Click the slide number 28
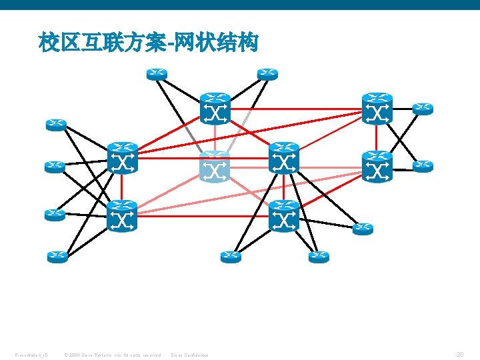point(460,354)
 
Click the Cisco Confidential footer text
point(190,354)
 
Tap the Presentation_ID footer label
point(31,354)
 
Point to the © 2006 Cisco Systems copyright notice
point(112,354)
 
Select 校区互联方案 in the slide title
point(104,45)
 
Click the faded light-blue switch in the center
point(215,167)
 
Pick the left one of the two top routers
point(157,73)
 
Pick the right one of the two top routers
point(267,73)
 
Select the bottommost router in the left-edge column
point(57,256)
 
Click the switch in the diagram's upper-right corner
point(377,109)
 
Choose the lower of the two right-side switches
point(377,167)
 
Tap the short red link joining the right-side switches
point(377,138)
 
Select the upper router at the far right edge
point(423,108)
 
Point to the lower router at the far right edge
point(423,166)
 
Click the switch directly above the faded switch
point(215,109)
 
